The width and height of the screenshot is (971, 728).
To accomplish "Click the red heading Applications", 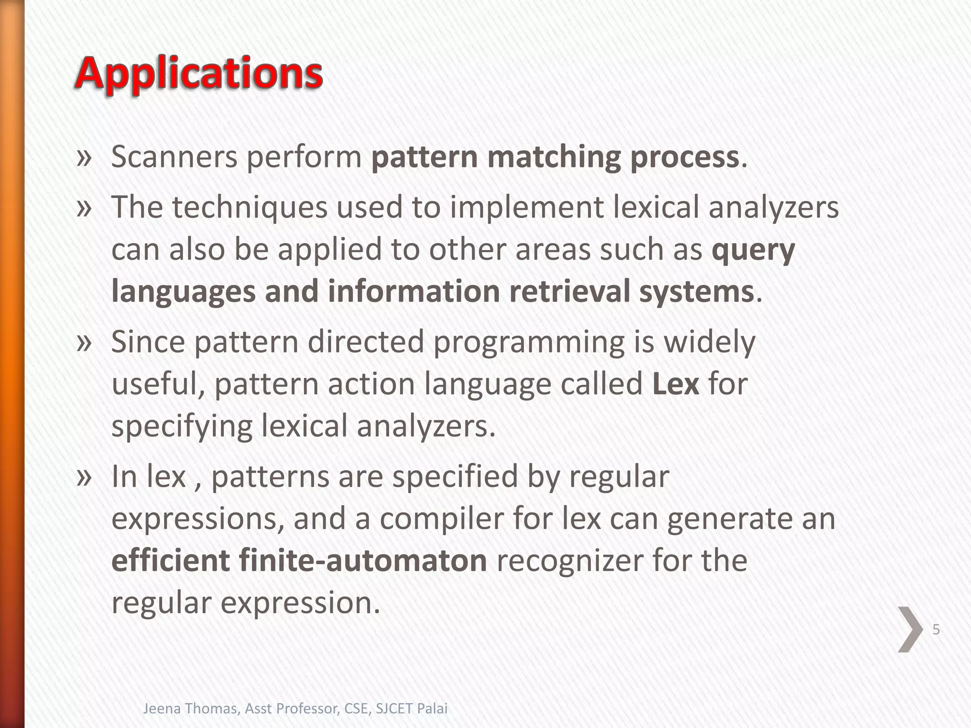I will click(199, 74).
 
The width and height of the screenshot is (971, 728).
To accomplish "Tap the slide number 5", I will click(935, 630).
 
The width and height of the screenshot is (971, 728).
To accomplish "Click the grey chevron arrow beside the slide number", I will click(910, 629).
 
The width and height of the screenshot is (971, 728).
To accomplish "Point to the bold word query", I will click(753, 250).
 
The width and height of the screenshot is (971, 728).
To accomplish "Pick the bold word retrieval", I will click(569, 291).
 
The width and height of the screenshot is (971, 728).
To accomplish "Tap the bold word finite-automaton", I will click(363, 560).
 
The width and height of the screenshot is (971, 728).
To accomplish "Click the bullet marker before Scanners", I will click(83, 158).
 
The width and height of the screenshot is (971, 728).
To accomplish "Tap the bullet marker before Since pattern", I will click(83, 343).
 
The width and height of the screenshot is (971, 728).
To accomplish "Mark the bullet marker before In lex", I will click(83, 478).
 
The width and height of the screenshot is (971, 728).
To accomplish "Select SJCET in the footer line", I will click(394, 709).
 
